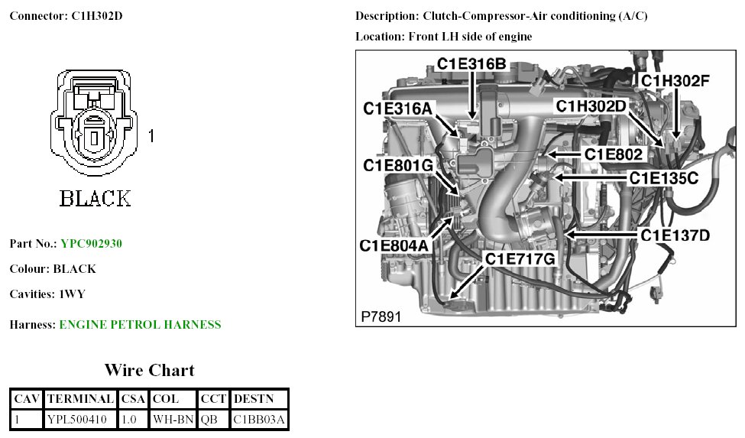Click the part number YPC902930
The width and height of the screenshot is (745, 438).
[x=91, y=244]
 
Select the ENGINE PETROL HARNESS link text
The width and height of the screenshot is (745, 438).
[x=140, y=325]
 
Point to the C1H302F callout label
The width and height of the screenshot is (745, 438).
[x=675, y=80]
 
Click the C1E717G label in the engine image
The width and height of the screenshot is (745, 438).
[x=520, y=260]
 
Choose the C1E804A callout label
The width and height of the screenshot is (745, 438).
[x=395, y=245]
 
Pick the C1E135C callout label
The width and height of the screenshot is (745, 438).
[x=663, y=178]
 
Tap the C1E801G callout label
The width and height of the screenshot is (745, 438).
[x=398, y=165]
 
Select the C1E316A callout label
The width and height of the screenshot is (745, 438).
[x=397, y=109]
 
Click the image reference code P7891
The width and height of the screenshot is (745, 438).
[x=381, y=316]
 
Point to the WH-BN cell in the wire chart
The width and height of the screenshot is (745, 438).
[x=172, y=420]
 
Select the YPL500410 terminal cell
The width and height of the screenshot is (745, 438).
[x=81, y=420]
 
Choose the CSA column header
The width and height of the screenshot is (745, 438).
[x=134, y=399]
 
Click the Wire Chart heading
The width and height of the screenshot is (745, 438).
[x=149, y=371]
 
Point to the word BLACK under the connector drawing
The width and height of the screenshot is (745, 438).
[x=96, y=199]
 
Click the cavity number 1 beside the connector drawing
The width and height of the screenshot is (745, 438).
[x=152, y=136]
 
